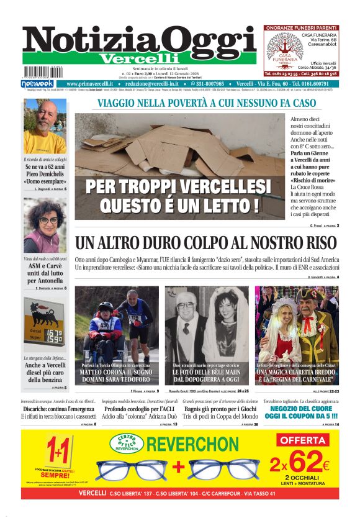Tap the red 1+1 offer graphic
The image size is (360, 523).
click(60, 453)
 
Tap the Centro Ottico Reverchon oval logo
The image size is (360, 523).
click(127, 443)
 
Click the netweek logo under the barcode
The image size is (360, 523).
click(37, 84)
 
